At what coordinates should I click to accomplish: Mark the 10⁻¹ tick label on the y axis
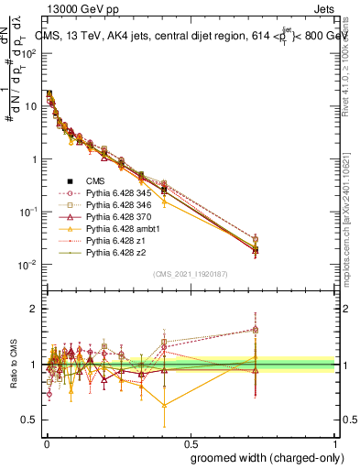coord(27,212)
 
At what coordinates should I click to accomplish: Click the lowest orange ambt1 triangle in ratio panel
coord(165,405)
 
